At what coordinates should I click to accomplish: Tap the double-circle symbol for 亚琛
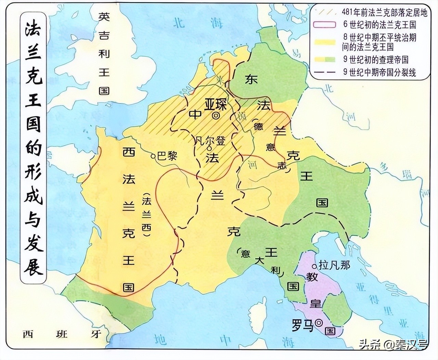216,116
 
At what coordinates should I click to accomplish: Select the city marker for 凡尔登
209,149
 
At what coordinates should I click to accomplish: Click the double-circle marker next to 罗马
319,322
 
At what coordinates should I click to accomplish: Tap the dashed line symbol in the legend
325,72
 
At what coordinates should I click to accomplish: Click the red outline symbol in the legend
325,25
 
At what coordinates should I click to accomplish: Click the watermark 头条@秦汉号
393,344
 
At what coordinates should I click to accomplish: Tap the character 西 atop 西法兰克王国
129,152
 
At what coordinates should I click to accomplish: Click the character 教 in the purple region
312,277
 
